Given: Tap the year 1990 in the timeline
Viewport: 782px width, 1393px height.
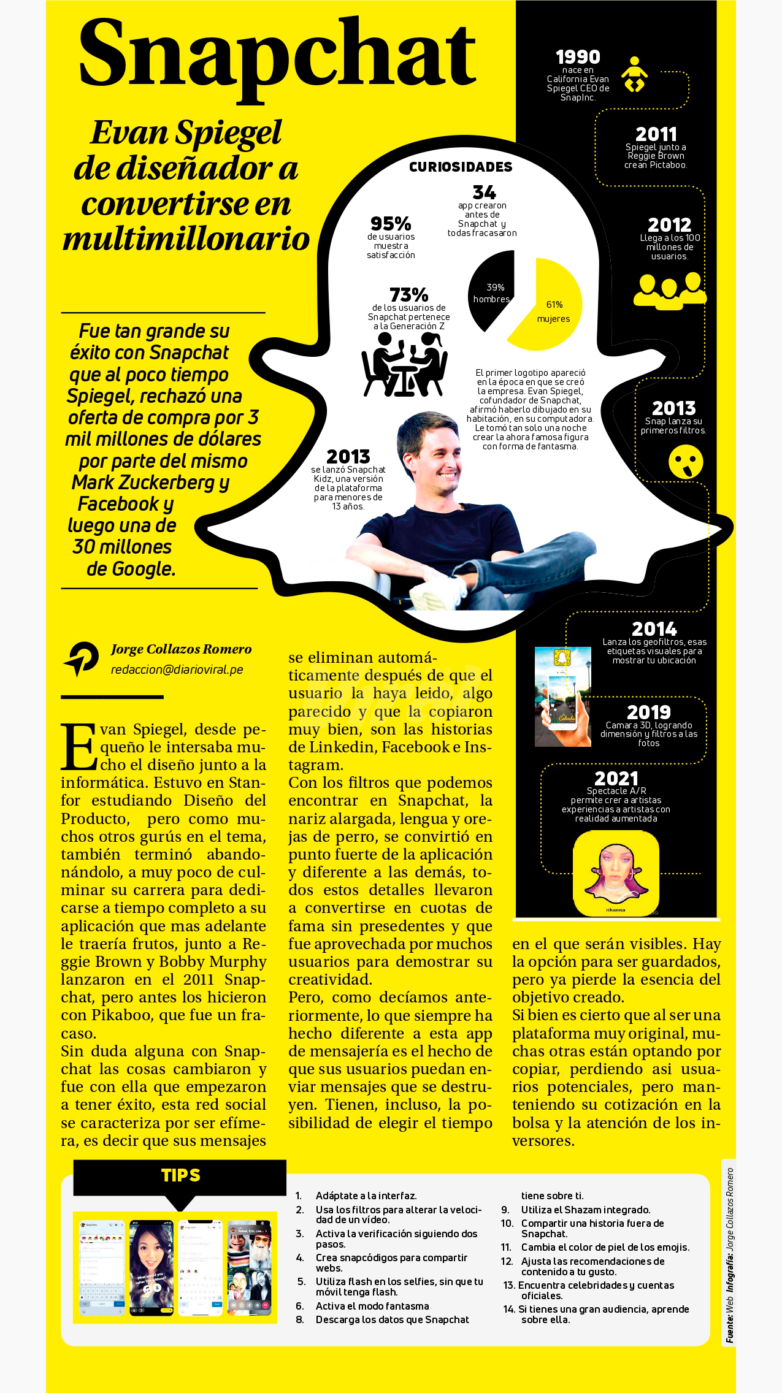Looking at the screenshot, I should [x=577, y=57].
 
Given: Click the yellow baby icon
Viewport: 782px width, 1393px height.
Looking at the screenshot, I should [x=634, y=75].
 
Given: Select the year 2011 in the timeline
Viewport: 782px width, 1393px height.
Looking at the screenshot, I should [x=656, y=134].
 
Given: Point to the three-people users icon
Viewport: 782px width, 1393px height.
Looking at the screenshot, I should [x=669, y=290].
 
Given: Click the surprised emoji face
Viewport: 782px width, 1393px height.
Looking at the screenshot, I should [x=685, y=462].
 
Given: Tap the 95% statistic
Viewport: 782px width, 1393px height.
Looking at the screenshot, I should [x=391, y=223].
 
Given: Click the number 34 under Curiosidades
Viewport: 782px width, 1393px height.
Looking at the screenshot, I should [x=484, y=193].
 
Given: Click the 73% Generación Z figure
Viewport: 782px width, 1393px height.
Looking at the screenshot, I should [x=408, y=295].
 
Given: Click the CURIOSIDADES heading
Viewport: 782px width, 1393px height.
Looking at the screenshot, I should [x=461, y=167].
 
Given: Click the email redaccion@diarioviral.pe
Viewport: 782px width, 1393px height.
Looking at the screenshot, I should [x=177, y=670].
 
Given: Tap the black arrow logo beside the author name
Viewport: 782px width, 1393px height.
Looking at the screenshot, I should [x=81, y=658].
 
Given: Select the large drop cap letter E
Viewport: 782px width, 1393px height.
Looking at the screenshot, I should [x=79, y=747].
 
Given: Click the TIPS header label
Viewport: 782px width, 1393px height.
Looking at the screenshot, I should [x=180, y=1175].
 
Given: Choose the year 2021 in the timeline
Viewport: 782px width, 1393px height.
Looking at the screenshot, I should [x=616, y=779].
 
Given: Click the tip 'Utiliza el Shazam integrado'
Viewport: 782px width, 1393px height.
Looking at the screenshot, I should [x=585, y=1210].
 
